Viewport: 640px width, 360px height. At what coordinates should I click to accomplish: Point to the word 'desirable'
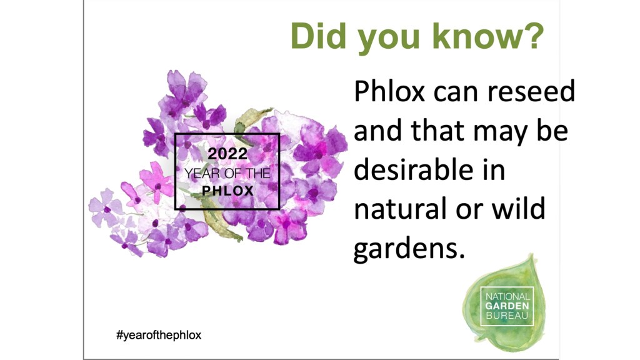(x=414, y=170)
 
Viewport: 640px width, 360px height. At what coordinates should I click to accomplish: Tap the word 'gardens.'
(x=409, y=249)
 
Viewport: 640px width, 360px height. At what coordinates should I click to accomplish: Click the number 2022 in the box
(x=227, y=154)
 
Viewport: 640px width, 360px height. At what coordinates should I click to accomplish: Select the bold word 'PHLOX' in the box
(x=227, y=191)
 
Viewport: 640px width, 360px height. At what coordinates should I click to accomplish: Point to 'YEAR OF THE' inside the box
(x=227, y=173)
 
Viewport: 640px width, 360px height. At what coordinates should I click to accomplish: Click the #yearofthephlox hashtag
(x=159, y=335)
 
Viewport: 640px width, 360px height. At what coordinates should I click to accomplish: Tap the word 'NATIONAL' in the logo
(x=507, y=296)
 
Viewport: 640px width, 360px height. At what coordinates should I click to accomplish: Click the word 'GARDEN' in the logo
(x=507, y=306)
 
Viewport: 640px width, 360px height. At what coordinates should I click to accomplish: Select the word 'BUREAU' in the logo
(x=507, y=316)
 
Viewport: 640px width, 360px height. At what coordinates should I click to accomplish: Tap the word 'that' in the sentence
(x=437, y=130)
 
